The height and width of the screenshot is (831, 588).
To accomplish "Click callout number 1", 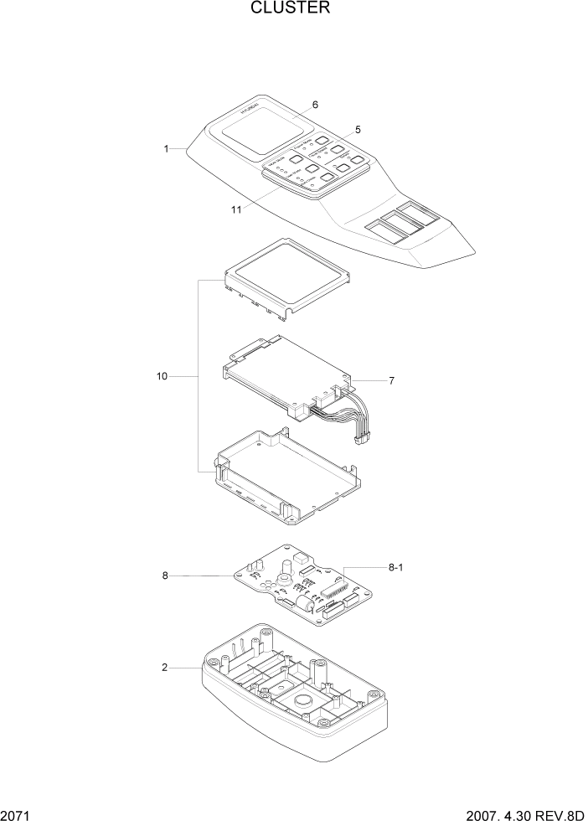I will click(167, 148).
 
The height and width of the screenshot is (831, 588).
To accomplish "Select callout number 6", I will click(315, 105).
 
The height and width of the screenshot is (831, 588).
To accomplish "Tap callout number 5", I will click(358, 130).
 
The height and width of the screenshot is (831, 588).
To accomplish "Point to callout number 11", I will click(236, 209).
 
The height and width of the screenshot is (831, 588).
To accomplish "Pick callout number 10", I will click(162, 377).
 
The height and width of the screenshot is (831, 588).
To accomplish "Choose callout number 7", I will click(391, 380).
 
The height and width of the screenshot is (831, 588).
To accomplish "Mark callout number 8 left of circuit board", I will click(165, 576).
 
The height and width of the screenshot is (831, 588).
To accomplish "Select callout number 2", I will click(165, 668).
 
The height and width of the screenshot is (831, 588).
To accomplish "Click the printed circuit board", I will click(302, 586).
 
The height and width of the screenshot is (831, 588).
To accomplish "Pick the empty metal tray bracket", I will click(289, 477).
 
